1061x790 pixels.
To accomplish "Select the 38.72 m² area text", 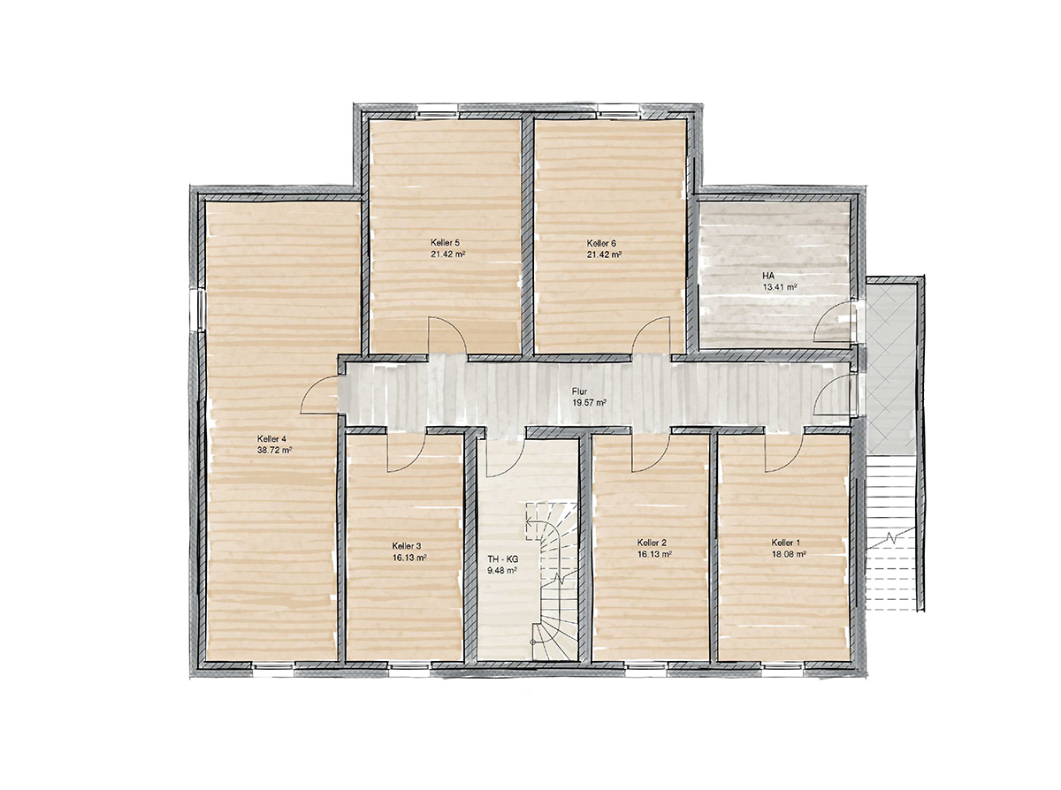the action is (274, 450).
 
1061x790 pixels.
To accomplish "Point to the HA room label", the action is (768, 276).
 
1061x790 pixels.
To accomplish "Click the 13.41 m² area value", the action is (780, 287).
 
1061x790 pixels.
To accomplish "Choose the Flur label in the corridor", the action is (579, 391).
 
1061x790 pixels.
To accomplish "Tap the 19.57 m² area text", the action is (590, 403).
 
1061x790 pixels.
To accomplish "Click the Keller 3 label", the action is (407, 546).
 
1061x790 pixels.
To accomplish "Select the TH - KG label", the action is (503, 559).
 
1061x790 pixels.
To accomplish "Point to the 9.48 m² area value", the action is (502, 571).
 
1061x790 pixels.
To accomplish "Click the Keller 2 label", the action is (652, 543).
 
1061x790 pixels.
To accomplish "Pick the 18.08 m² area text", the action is (789, 554).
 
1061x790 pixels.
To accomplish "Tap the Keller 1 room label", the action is (785, 543).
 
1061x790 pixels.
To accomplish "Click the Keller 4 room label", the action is (271, 438).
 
